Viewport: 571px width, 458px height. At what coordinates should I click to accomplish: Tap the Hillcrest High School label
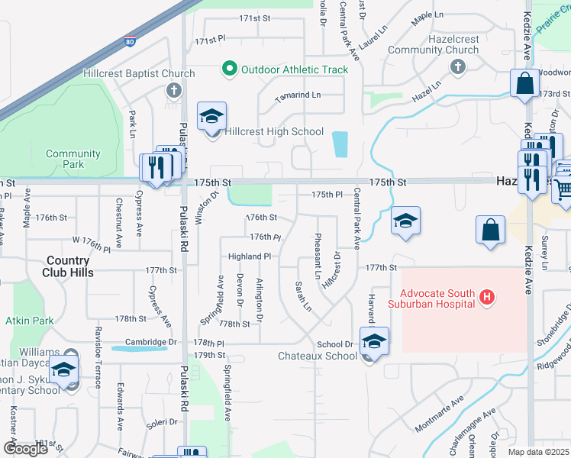pos(273,132)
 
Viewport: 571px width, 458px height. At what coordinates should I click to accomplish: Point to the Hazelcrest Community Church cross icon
pos(458,67)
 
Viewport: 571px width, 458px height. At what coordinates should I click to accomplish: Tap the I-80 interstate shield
pos(130,42)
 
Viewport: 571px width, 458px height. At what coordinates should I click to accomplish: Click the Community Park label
pos(73,159)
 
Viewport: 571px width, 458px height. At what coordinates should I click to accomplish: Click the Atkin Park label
pos(30,321)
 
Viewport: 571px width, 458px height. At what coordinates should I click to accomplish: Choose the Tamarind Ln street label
pos(298,95)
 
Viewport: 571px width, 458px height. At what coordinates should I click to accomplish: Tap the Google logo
pos(25,449)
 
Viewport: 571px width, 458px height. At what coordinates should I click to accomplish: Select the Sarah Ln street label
pos(303,296)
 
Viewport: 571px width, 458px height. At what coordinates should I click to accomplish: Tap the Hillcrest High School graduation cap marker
pos(211,117)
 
